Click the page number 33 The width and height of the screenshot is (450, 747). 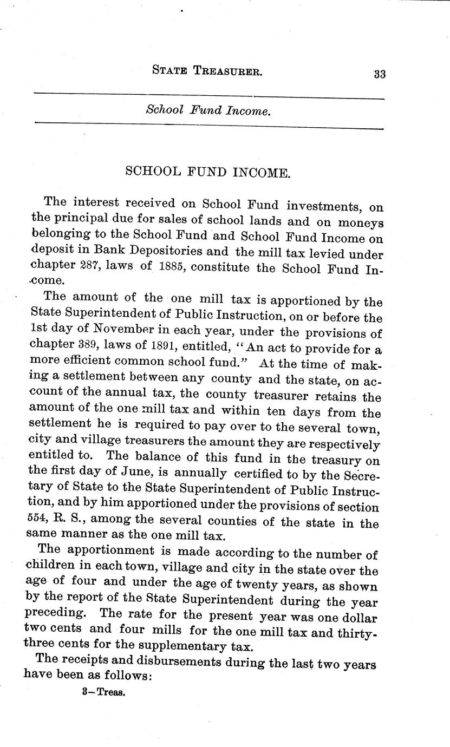pos(379,75)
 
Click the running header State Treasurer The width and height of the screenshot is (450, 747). pos(207,70)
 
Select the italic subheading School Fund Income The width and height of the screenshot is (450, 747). pos(207,110)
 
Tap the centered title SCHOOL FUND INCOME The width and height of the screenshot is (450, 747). pos(208,173)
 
